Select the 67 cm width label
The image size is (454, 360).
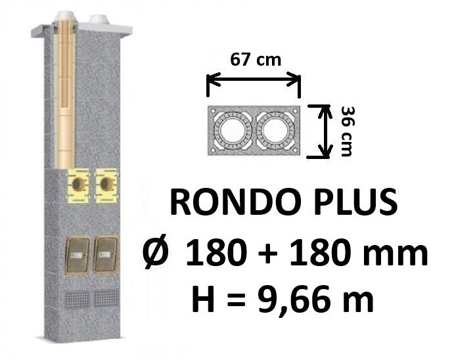256,60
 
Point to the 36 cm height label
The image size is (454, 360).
347,131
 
